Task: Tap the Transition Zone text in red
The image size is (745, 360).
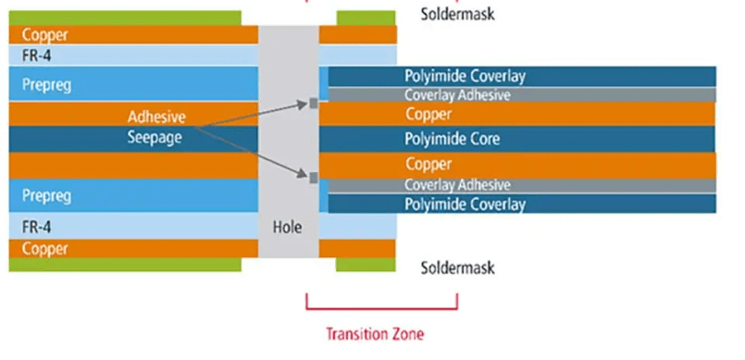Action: (381, 333)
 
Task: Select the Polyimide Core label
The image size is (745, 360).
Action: (452, 139)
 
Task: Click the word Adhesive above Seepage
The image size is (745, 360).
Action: (157, 118)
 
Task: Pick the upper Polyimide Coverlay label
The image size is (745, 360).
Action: (465, 76)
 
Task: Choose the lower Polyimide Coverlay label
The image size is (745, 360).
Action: (465, 204)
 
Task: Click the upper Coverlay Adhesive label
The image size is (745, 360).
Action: (457, 95)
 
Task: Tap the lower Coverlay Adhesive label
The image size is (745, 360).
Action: (457, 184)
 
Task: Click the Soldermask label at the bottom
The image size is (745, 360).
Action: (457, 268)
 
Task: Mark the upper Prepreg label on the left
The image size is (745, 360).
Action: (46, 85)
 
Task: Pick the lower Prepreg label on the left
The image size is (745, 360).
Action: (46, 196)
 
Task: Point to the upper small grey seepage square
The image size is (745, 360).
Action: (315, 104)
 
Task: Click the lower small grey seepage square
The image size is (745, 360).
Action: (315, 177)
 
